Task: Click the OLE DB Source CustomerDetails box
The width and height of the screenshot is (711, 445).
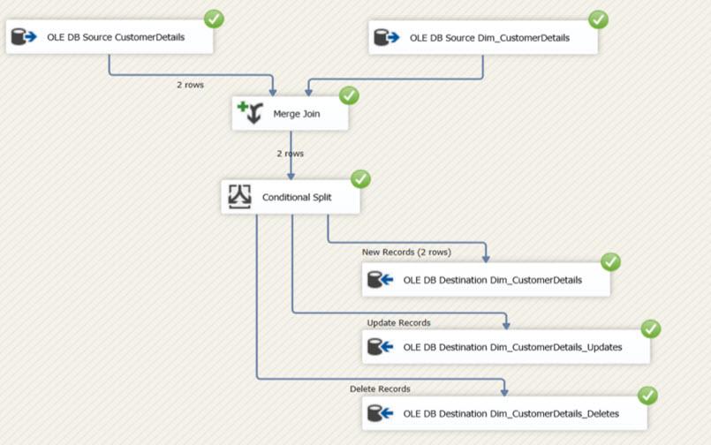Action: pyautogui.click(x=110, y=37)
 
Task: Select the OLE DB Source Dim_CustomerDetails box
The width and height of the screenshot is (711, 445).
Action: pyautogui.click(x=483, y=38)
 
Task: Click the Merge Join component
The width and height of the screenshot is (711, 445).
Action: pyautogui.click(x=290, y=114)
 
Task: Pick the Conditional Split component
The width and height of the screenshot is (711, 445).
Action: pyautogui.click(x=291, y=197)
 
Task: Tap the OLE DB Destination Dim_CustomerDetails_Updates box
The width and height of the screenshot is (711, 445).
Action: pyautogui.click(x=505, y=347)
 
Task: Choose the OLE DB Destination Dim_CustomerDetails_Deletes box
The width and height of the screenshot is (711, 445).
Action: pyautogui.click(x=504, y=413)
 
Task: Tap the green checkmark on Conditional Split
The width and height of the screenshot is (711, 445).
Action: pyautogui.click(x=360, y=178)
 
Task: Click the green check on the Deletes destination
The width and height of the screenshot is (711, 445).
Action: pyautogui.click(x=648, y=396)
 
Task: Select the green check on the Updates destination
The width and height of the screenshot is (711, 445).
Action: pyautogui.click(x=650, y=329)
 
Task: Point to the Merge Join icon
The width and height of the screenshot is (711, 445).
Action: pyautogui.click(x=250, y=113)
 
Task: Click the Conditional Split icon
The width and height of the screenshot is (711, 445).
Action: pyautogui.click(x=240, y=197)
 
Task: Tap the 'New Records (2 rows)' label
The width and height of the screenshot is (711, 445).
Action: pyautogui.click(x=406, y=252)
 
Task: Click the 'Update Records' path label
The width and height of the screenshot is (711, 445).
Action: pyautogui.click(x=398, y=322)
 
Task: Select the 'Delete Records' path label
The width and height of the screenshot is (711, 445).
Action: pyautogui.click(x=380, y=388)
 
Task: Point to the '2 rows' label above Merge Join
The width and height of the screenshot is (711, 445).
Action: pyautogui.click(x=189, y=86)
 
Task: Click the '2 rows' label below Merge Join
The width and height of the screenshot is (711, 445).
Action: pyautogui.click(x=290, y=153)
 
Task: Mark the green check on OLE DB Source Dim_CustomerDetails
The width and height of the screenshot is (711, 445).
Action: pyautogui.click(x=598, y=19)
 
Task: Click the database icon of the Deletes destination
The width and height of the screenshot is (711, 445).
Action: pyautogui.click(x=380, y=413)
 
